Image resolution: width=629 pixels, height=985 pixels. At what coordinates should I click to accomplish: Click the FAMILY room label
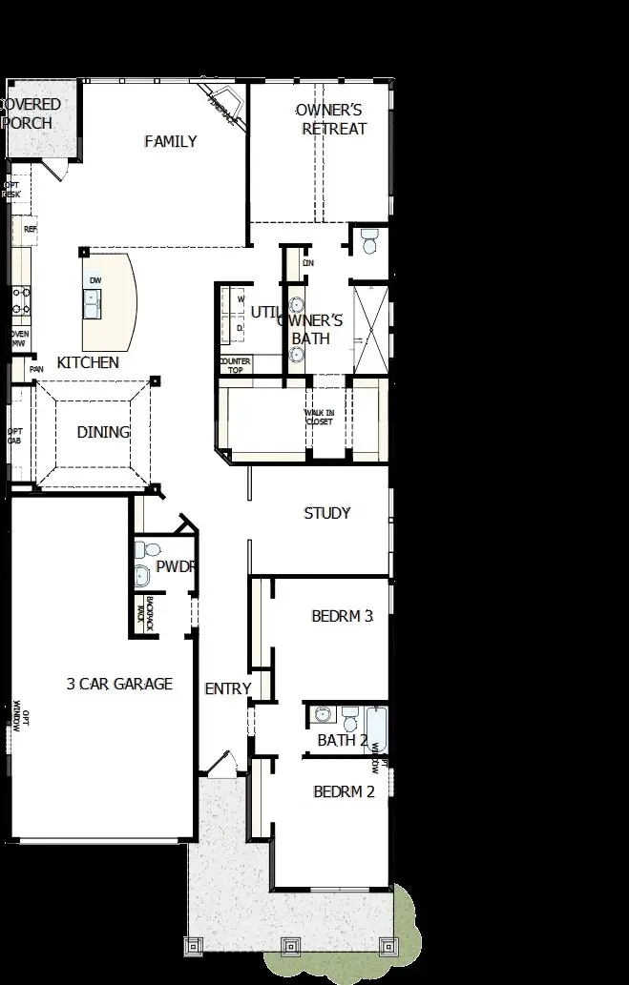171,142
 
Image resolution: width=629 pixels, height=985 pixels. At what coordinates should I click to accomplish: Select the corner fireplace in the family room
223,102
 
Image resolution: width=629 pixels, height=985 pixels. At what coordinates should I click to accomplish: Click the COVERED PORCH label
31,113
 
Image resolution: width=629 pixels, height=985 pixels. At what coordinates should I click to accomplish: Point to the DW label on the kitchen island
94,279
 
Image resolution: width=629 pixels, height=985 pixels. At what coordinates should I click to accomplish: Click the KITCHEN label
88,362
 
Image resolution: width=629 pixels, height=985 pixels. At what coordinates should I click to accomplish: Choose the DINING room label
103,432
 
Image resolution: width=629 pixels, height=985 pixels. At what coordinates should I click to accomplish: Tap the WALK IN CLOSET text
319,417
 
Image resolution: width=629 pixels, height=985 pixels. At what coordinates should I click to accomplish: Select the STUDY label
327,513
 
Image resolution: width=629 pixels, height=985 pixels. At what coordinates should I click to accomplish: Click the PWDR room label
177,566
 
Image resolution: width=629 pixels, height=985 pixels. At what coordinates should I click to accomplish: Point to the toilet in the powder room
144,550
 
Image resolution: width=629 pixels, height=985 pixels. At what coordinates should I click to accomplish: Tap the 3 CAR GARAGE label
119,684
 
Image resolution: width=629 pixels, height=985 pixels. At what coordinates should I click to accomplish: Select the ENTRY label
227,688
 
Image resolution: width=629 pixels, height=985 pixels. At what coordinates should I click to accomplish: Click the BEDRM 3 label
342,616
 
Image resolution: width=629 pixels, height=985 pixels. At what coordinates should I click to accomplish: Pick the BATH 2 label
343,740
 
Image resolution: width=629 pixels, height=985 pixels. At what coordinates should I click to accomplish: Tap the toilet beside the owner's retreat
370,241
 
